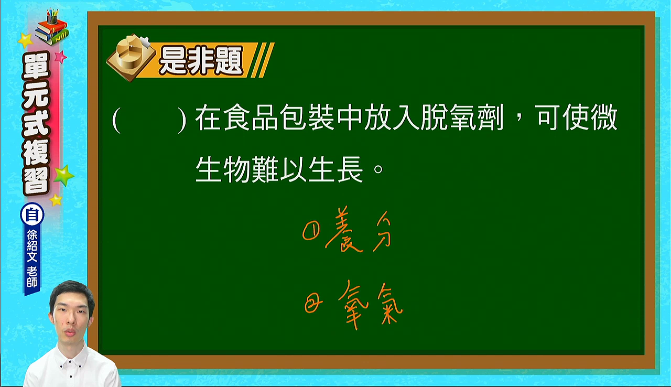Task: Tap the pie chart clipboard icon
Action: [x=131, y=58]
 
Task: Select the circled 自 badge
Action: [x=32, y=215]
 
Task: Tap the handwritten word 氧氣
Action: [x=371, y=304]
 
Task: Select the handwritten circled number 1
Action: [x=311, y=231]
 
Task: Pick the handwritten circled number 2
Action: [x=313, y=303]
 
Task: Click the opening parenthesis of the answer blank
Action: [x=116, y=119]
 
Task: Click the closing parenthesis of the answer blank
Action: [x=182, y=119]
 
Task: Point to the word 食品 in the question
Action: [x=251, y=117]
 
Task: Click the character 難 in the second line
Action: [x=265, y=169]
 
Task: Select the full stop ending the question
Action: [x=378, y=169]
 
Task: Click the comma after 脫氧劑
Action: [x=519, y=123]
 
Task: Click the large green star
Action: [x=63, y=176]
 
